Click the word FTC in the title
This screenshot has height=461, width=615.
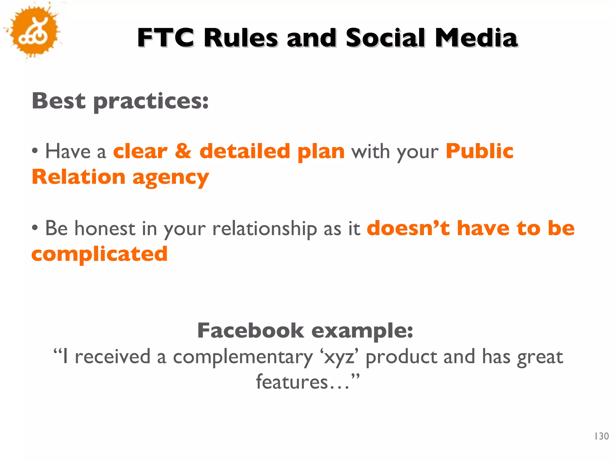pos(166,38)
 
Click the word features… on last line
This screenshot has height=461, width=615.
pos(303,382)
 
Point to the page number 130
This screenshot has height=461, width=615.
pos(601,436)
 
